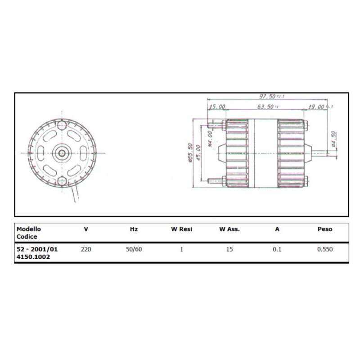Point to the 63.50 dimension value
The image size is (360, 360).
click(x=265, y=107)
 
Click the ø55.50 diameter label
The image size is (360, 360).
click(x=191, y=153)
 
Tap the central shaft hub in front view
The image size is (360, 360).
click(x=62, y=153)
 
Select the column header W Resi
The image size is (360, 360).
click(x=181, y=229)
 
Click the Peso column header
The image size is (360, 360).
click(x=324, y=229)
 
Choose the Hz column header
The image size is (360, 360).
click(x=134, y=229)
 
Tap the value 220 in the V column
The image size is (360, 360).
click(x=86, y=249)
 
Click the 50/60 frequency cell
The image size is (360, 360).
click(x=134, y=249)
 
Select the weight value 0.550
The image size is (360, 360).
click(x=324, y=249)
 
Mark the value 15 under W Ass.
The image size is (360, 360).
click(x=229, y=249)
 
